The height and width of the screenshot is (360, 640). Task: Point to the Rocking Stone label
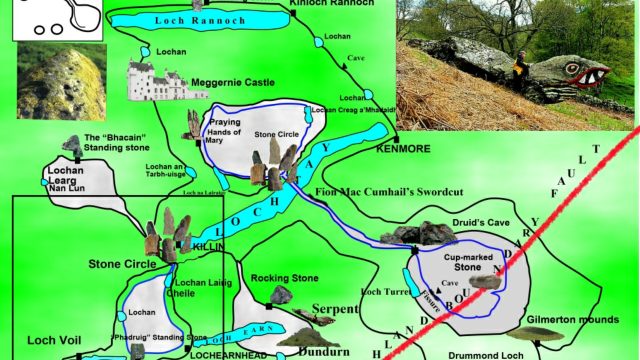click(x=278, y=277)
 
